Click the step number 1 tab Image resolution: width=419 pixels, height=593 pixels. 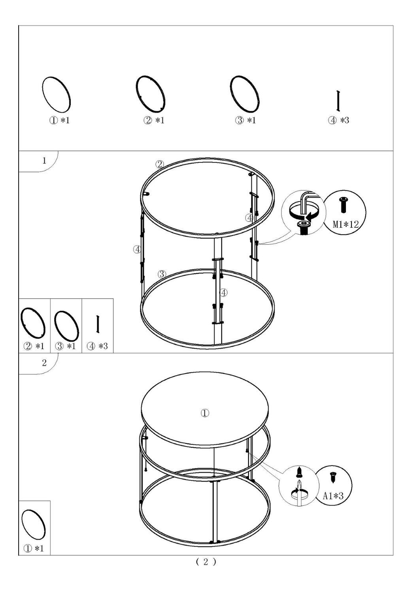tap(44, 161)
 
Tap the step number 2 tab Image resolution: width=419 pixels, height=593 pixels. tap(44, 363)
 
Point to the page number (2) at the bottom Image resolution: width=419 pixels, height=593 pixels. tap(206, 562)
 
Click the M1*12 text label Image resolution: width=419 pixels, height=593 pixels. tap(345, 225)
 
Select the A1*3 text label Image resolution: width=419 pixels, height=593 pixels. tap(333, 496)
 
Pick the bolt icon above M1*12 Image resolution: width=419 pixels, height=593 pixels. tap(343, 205)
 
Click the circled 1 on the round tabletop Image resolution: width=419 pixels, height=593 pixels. tap(205, 413)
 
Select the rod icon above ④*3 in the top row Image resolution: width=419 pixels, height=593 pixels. tap(338, 101)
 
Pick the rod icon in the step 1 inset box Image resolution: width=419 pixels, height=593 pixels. tap(97, 324)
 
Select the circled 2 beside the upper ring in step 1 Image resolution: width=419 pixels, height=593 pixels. tap(159, 164)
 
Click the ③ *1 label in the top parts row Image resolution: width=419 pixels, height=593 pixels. tap(245, 121)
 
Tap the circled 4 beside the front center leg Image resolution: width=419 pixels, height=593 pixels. tap(224, 293)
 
